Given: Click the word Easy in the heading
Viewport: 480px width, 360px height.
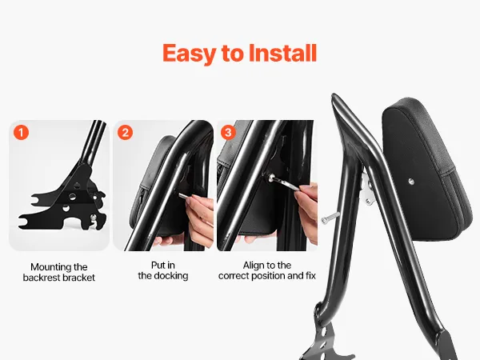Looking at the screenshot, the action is tap(189, 54).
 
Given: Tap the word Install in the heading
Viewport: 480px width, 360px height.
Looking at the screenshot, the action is tap(282, 53).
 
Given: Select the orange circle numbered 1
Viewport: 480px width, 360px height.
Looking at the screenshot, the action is tap(21, 133).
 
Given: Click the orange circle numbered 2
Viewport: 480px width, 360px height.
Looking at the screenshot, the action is tap(126, 133).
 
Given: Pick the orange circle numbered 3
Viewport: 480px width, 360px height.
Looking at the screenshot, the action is tap(228, 133).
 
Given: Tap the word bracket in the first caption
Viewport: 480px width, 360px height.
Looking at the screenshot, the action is tap(81, 278).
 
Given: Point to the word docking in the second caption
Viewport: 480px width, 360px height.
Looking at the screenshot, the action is tap(171, 276).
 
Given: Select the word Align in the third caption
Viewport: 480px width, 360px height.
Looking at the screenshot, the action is tap(254, 265).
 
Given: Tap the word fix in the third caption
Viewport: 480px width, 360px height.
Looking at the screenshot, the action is tap(310, 275).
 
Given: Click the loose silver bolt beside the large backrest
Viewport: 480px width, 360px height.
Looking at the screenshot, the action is tap(330, 217).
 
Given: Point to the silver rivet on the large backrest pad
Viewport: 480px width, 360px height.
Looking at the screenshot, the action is tap(411, 182).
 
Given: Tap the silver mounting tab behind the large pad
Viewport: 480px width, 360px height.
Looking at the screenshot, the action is tap(368, 189).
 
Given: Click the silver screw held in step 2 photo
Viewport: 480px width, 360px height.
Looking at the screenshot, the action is tap(184, 196).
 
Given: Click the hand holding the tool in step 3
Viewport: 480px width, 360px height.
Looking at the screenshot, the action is tap(306, 208).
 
